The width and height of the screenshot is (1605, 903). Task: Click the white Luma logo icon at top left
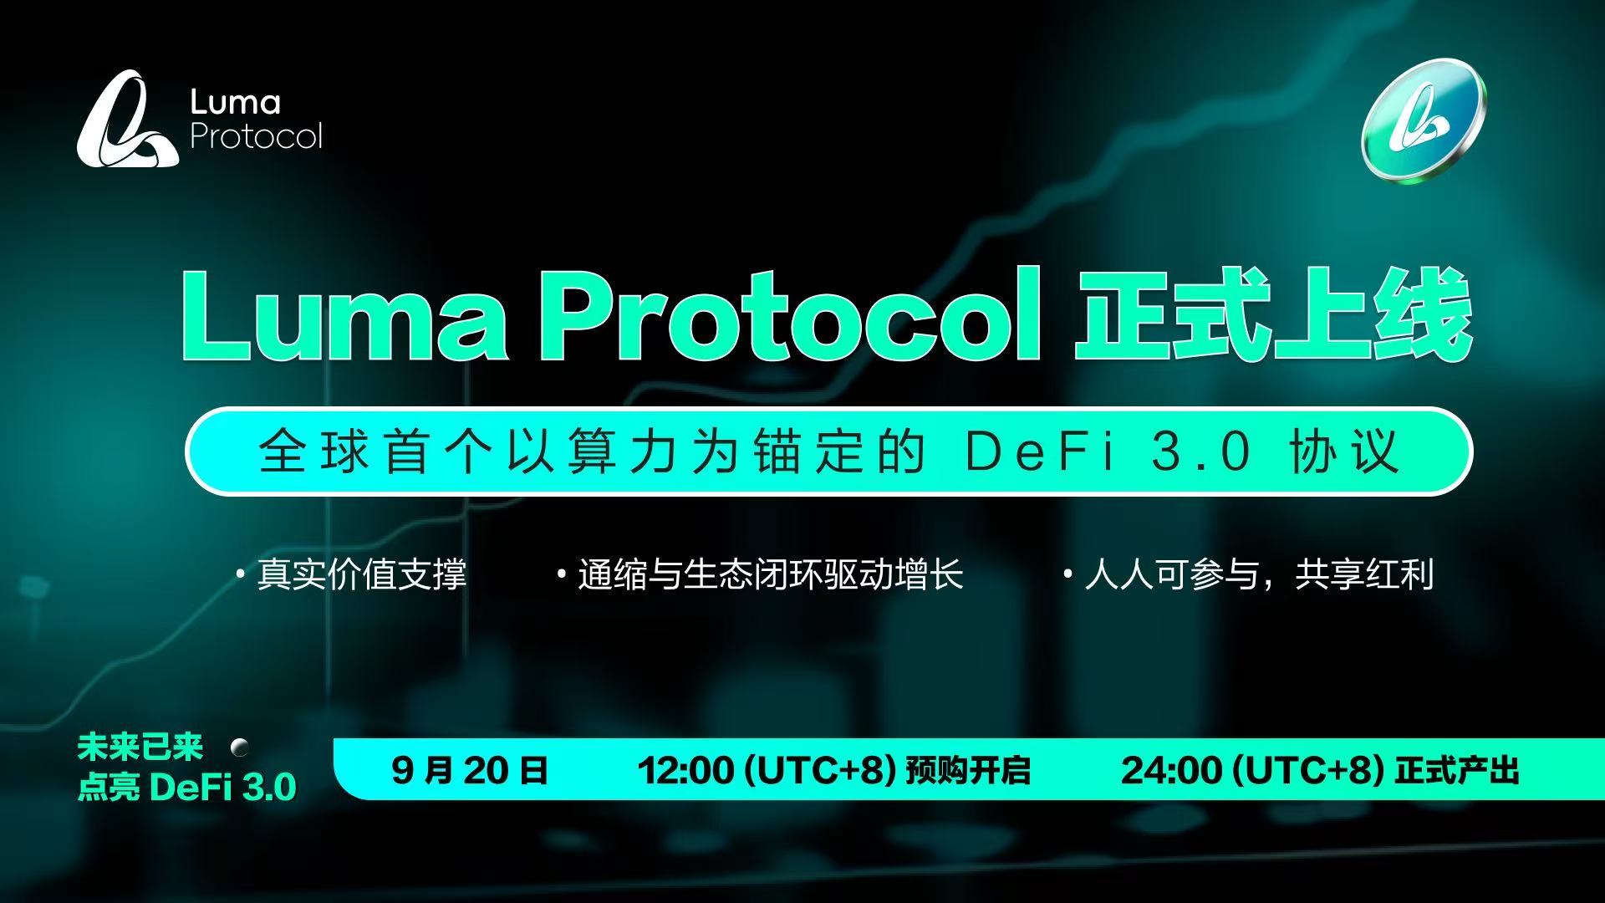tap(127, 119)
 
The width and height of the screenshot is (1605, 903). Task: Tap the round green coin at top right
tap(1424, 121)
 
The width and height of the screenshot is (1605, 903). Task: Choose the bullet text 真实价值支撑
tap(361, 575)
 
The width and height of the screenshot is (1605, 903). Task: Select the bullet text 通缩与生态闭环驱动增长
tap(770, 575)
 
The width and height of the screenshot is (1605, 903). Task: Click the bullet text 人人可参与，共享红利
tap(1259, 575)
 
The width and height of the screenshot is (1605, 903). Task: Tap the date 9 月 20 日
tap(469, 770)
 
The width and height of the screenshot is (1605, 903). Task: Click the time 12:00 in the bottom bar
tap(685, 770)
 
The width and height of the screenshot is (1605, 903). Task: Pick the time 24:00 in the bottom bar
tap(1169, 770)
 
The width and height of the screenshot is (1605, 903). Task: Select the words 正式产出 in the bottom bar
tap(1456, 770)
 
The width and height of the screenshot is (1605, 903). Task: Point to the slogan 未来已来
tap(140, 747)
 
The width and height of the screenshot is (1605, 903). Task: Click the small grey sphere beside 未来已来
tap(240, 747)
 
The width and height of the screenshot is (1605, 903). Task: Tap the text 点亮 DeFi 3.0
tap(186, 788)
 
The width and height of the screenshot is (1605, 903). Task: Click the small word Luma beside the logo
tap(235, 103)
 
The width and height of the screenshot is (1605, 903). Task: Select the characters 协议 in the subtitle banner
tap(1344, 452)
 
